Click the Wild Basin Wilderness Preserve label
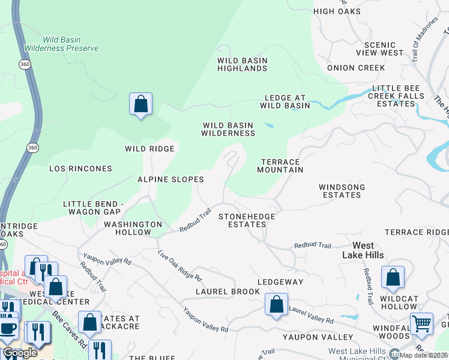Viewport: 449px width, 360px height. point(62,43)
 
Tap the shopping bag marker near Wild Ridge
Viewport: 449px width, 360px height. point(140,104)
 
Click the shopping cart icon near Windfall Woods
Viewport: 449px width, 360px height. point(421,323)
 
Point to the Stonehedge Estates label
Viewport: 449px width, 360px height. point(247,220)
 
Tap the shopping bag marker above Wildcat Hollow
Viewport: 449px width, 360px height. point(393,277)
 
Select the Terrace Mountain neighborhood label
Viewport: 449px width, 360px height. point(281,166)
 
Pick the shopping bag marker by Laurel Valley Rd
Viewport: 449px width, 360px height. point(276,304)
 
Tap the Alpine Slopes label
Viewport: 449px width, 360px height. point(171,179)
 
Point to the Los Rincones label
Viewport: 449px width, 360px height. point(80,169)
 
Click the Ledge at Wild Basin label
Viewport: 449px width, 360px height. point(285,101)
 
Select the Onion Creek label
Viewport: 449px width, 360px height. point(356,68)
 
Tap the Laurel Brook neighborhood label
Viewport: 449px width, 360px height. point(228,292)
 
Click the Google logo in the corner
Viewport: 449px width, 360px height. point(20,353)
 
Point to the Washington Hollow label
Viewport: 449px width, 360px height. point(133,228)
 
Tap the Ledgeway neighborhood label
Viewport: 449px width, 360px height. point(280,281)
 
